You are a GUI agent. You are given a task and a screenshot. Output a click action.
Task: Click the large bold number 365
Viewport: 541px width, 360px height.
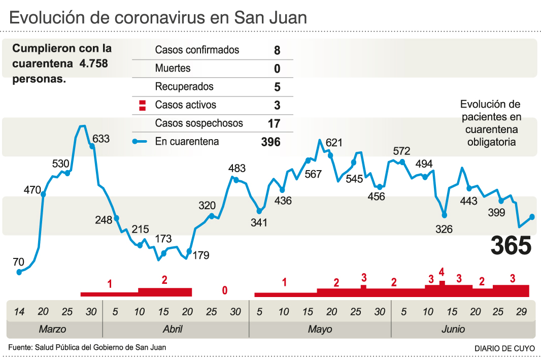click(511, 246)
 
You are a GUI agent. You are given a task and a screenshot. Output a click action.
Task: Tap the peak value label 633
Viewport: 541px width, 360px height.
click(100, 138)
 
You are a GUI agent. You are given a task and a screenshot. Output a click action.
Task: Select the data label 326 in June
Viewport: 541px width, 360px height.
click(444, 229)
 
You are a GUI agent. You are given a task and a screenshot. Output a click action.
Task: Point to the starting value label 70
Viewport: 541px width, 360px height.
click(18, 262)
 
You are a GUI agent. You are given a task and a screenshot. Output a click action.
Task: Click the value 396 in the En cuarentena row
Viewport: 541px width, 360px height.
click(270, 142)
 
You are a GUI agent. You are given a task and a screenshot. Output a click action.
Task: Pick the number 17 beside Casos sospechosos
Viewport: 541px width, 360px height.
click(274, 123)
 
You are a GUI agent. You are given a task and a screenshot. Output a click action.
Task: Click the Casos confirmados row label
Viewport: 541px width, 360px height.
click(197, 50)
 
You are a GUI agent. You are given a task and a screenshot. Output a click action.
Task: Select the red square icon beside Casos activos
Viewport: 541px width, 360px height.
click(143, 106)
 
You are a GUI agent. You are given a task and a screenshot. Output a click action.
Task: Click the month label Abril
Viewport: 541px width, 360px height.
click(173, 329)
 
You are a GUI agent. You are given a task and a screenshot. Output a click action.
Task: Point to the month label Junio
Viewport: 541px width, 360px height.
click(453, 329)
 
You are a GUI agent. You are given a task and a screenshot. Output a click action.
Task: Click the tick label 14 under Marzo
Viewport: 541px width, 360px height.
click(19, 311)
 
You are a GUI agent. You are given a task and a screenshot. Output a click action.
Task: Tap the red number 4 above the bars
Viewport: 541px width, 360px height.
click(442, 272)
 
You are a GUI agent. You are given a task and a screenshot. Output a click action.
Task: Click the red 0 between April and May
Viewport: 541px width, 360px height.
click(224, 290)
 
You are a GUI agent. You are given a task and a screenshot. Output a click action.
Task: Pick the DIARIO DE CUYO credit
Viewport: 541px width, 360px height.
click(504, 348)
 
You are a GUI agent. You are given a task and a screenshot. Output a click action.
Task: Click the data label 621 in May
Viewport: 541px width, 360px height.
click(334, 143)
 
